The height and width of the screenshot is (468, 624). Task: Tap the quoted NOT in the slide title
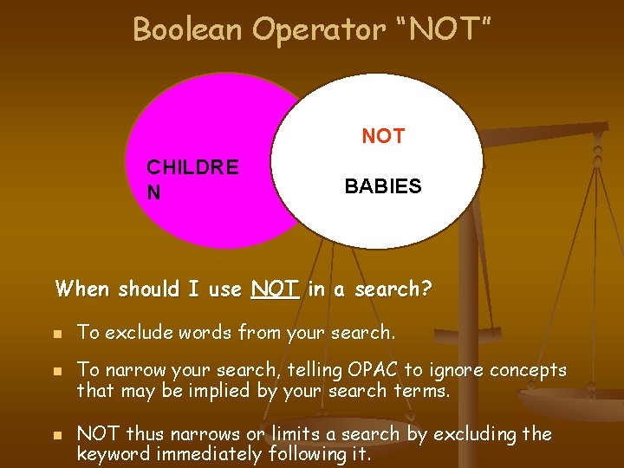(448, 29)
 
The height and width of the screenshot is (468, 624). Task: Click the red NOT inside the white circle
(383, 136)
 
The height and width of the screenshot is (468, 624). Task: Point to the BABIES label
(383, 186)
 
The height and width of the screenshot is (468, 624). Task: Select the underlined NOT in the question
(276, 289)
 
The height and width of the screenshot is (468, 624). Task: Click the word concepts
(528, 371)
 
